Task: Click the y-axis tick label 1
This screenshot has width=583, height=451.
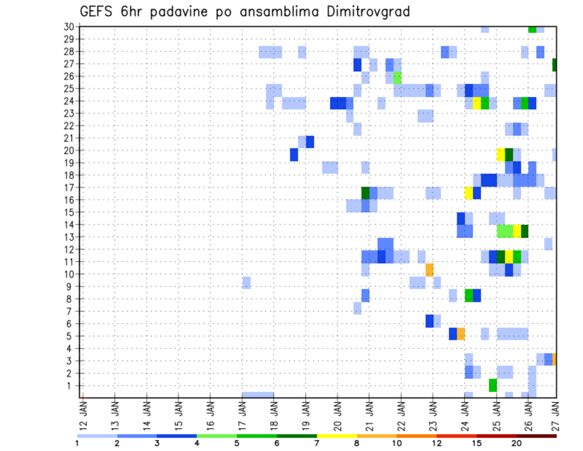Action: tap(70, 385)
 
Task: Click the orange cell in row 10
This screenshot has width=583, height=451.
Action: tap(429, 270)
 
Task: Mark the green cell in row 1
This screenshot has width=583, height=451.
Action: tap(493, 385)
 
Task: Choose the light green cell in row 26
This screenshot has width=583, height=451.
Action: tap(397, 77)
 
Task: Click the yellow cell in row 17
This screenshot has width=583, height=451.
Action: tap(469, 193)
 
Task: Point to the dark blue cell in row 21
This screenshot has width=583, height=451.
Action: tap(310, 142)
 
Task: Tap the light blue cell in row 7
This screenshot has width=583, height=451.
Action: tap(357, 309)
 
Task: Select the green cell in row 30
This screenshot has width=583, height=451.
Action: tap(532, 29)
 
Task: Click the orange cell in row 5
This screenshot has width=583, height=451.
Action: tap(461, 334)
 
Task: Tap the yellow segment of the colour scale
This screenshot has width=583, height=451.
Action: tap(336, 436)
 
